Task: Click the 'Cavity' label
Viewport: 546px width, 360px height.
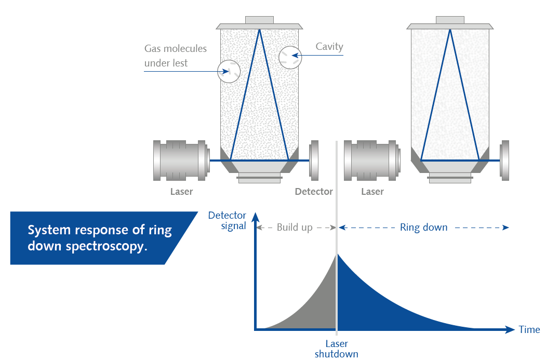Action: click(329, 47)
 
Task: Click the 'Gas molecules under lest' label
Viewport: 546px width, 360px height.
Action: click(175, 56)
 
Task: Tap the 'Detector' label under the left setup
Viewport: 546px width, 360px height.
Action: click(314, 192)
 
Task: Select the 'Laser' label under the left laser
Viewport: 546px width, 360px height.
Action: click(181, 192)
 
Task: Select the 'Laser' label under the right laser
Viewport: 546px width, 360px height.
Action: click(372, 192)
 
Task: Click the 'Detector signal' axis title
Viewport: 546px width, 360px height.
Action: click(227, 221)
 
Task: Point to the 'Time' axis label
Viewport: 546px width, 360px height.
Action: click(529, 330)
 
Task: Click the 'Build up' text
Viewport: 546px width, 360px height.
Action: click(295, 228)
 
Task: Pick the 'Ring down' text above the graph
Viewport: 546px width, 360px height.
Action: click(423, 228)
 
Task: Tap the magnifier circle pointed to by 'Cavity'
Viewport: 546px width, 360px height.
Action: click(290, 57)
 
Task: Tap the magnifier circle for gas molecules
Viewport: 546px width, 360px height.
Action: click(229, 71)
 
